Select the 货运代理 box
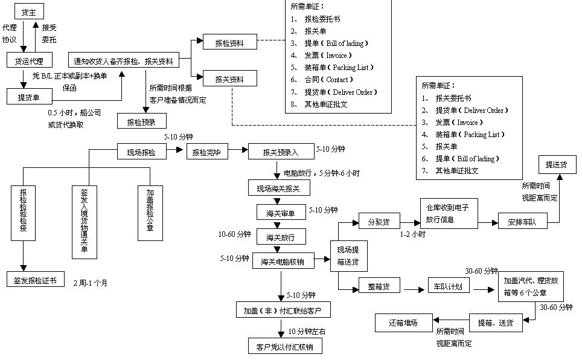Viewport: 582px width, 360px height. [29, 60]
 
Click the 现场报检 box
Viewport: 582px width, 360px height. [142, 153]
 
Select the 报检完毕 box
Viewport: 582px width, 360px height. [207, 153]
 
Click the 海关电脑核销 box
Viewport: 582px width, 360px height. [281, 261]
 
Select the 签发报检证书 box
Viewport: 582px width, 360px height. [36, 280]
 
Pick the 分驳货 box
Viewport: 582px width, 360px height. [379, 221]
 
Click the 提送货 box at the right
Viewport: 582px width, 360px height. [556, 164]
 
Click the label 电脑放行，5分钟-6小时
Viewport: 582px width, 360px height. [321, 173]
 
